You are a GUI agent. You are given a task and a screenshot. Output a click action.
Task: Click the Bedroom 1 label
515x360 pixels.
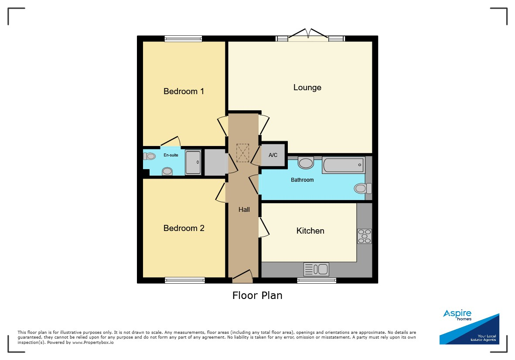184,91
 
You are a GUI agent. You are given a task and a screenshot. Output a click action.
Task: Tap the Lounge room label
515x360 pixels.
307,88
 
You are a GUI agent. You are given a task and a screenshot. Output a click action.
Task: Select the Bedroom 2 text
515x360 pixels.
184,228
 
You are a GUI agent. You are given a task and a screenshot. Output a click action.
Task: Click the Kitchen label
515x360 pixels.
310,231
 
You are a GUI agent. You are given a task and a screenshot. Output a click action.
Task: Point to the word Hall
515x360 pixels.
244,209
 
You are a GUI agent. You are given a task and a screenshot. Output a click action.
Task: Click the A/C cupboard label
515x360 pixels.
273,155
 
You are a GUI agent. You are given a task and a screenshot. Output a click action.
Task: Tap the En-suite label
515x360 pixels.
171,155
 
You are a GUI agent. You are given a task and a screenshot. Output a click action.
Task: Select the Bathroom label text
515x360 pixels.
302,180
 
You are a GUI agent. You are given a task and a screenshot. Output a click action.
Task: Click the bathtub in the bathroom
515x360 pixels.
344,165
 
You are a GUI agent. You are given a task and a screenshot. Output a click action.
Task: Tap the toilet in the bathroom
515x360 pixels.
363,188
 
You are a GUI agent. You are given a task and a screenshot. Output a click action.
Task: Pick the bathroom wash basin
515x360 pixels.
306,163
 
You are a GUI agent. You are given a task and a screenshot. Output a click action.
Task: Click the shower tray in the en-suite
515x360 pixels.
193,162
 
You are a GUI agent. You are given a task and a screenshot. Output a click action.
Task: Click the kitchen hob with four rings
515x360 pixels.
364,236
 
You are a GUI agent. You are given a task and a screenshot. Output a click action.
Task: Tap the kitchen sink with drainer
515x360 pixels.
316,269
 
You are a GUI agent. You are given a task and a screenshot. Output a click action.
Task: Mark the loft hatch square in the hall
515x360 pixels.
243,153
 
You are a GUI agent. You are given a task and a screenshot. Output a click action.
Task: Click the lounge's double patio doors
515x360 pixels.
308,35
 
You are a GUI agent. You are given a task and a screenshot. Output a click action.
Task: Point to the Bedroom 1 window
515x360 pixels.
183,39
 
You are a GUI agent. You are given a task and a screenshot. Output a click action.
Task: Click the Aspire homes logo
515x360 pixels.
469,327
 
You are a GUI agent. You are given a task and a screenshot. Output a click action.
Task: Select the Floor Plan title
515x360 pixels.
257,295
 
